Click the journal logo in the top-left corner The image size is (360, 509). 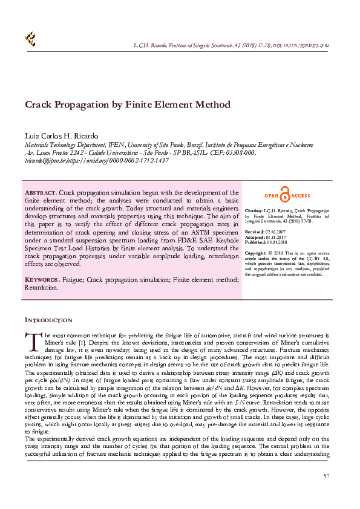30,39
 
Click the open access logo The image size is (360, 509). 287,195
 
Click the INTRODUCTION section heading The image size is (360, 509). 48,320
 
